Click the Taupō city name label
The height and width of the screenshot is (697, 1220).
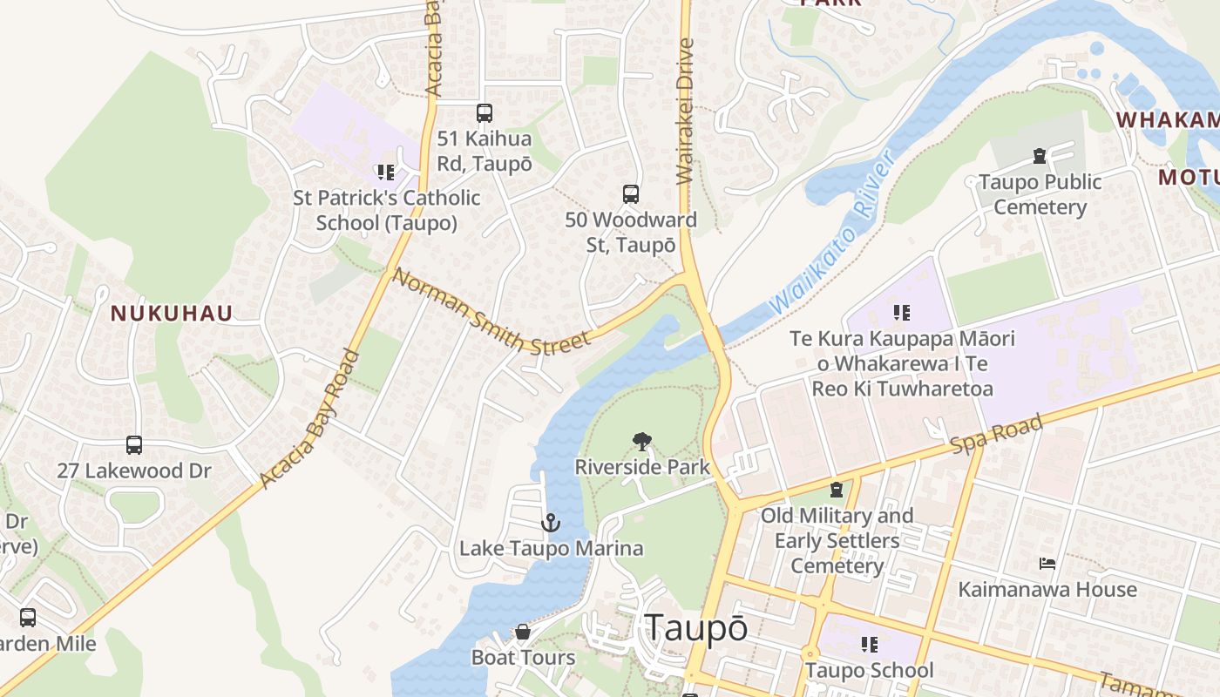pos(695,628)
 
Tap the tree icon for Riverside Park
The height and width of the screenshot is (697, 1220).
pos(642,442)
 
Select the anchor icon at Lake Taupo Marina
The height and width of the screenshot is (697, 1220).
pos(550,523)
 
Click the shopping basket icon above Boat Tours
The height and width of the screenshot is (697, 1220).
pos(523,632)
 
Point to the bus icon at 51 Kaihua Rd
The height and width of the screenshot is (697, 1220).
pos(485,113)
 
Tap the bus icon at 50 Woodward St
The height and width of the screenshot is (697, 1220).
pos(631,194)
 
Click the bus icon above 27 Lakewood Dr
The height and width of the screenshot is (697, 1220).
pos(134,445)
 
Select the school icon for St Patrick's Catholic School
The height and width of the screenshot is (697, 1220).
pos(386,173)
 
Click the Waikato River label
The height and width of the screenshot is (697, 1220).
pos(834,233)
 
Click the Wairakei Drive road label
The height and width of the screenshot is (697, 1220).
pos(685,111)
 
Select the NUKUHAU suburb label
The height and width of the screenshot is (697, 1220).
pos(172,314)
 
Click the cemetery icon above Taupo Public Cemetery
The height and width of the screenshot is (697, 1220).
pos(1040,157)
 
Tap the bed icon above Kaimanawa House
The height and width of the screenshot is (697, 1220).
pos(1047,564)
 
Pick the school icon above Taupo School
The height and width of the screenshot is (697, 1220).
pos(869,645)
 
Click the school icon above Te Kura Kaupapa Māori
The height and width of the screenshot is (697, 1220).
pos(902,312)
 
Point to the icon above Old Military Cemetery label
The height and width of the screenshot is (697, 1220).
pos(837,490)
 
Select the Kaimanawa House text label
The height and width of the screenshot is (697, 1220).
pos(1047,590)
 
